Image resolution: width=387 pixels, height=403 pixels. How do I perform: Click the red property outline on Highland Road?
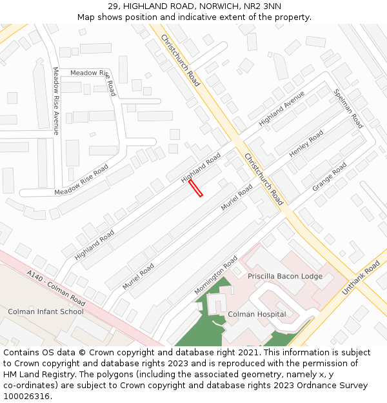coord(195,188)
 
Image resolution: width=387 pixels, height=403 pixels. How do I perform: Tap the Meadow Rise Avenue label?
coord(56,101)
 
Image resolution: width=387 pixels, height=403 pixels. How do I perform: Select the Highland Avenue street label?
coord(281,108)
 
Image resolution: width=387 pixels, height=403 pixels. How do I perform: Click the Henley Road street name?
coord(306,144)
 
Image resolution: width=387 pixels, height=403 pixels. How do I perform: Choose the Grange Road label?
coord(330,177)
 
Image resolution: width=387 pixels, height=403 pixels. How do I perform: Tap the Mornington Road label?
coord(216,275)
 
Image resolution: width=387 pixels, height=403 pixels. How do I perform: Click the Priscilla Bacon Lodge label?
coord(285,276)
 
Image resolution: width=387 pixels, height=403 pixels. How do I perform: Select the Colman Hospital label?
coord(257,315)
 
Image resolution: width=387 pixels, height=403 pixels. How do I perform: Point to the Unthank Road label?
coord(361,278)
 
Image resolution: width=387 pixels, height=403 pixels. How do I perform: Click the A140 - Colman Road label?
coord(56,288)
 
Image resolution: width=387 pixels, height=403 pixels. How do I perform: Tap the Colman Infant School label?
coord(46,311)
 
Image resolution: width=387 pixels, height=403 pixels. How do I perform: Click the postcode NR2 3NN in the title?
coord(263,6)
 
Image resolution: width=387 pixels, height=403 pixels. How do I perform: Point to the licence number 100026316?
coord(26,397)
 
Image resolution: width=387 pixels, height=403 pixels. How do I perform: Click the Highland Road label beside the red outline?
coord(201,168)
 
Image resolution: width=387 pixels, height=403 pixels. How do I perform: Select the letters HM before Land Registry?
coord(10,375)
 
